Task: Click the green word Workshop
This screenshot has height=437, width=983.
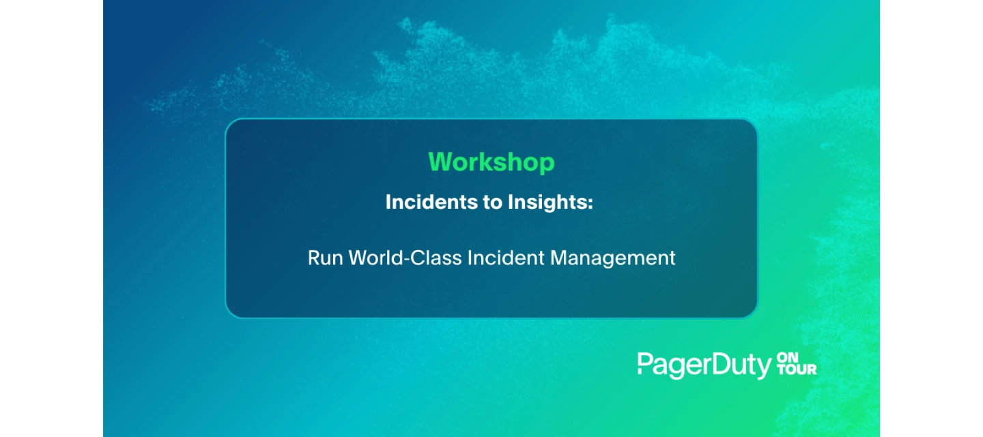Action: pos(491,162)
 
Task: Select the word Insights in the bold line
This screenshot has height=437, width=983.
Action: pos(547,203)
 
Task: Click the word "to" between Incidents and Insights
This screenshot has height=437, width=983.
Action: pos(492,203)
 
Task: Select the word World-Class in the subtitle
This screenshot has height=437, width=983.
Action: pos(405,257)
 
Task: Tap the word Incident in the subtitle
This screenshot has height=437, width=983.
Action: pos(506,257)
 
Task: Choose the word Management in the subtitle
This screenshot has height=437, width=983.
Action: pos(612,258)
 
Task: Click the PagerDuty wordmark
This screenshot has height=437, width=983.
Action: pos(704,365)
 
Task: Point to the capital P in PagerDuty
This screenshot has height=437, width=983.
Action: pos(645,363)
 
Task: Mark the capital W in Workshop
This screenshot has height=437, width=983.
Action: pos(442,162)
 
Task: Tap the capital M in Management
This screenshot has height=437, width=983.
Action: pos(559,257)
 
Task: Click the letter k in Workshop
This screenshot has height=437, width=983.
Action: pos(491,162)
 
